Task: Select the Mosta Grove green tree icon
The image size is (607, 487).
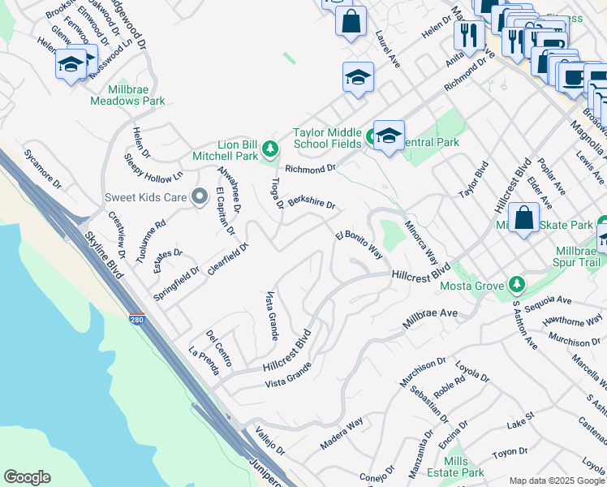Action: (514, 284)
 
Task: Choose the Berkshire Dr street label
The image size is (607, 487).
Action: (312, 200)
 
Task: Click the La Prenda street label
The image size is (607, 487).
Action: (204, 362)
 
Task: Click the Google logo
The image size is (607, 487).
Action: (27, 477)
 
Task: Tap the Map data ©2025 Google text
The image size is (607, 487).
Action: (556, 481)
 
